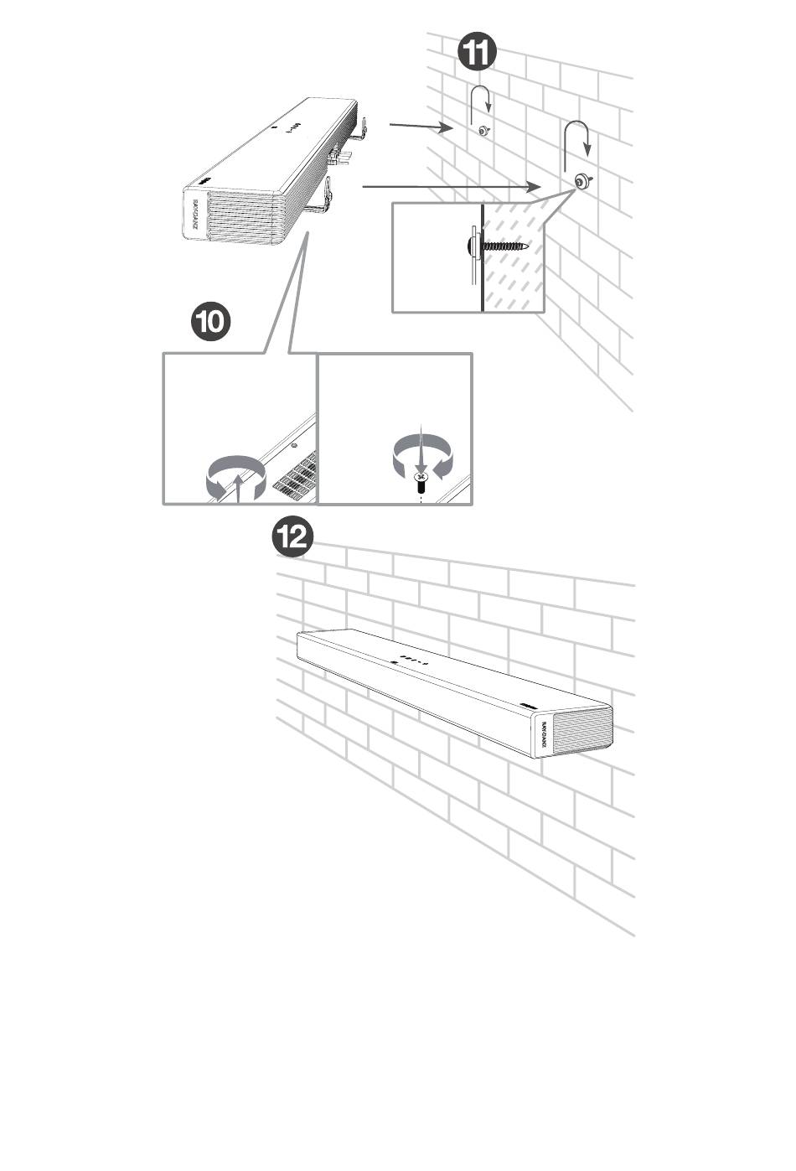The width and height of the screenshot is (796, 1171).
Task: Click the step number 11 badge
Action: click(477, 54)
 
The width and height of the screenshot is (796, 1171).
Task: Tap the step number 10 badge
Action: click(210, 323)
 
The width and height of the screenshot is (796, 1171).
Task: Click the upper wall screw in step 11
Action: click(484, 131)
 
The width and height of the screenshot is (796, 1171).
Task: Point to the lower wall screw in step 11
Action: click(581, 180)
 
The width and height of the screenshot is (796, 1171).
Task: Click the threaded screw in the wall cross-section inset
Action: click(498, 246)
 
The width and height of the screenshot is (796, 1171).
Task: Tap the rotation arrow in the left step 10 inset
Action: click(237, 479)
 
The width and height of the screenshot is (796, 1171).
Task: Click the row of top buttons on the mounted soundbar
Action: click(411, 658)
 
